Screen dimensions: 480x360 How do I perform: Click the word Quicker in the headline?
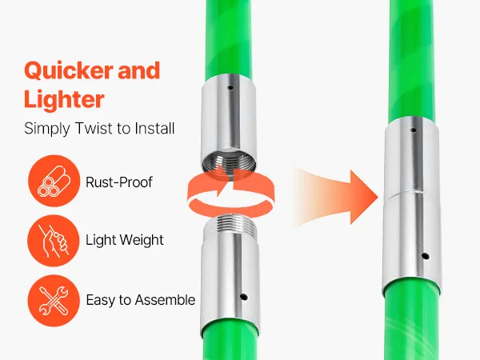(x=68, y=71)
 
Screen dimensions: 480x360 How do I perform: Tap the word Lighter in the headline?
(x=64, y=99)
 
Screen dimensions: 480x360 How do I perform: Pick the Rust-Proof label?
(x=118, y=182)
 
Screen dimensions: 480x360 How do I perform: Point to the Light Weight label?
(x=124, y=240)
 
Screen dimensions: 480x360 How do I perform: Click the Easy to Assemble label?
(x=141, y=300)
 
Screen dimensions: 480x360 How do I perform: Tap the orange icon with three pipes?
(x=54, y=181)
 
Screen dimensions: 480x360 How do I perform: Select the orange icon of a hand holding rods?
(x=54, y=241)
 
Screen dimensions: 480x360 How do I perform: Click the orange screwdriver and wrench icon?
(x=54, y=301)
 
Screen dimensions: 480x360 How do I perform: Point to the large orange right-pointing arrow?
(x=335, y=198)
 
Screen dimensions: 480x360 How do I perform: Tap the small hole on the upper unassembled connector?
(x=230, y=88)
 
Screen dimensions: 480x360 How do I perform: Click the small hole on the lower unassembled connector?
(x=244, y=297)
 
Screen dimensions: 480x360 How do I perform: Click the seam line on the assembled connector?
(x=406, y=194)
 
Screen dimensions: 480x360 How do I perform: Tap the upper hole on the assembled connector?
(x=414, y=130)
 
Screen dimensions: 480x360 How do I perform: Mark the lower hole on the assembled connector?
(x=425, y=256)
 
